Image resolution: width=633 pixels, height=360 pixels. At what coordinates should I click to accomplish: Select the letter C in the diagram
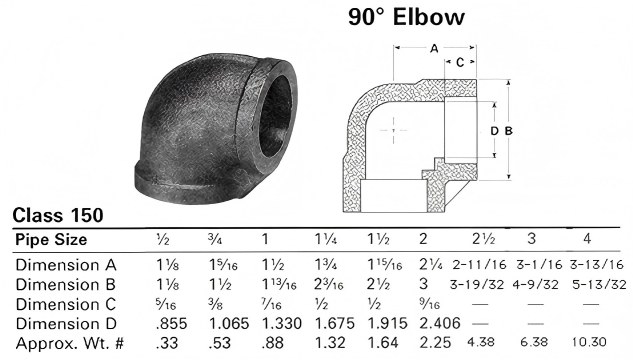pos(459,62)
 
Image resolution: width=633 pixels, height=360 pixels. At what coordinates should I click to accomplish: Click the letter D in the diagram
pos(493,130)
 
